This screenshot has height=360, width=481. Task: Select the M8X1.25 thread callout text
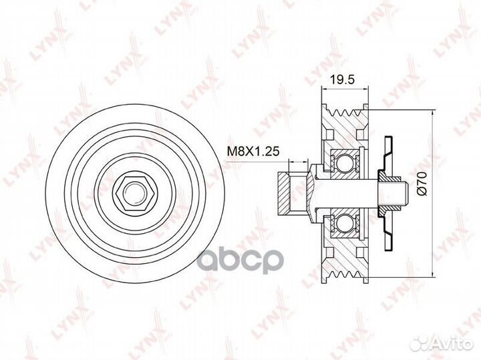pyautogui.click(x=253, y=151)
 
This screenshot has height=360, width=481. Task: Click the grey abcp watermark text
pyautogui.click(x=240, y=261)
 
